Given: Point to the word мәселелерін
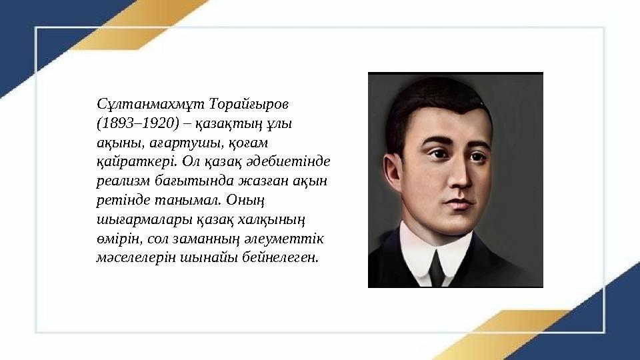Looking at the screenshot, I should point(136,257).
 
